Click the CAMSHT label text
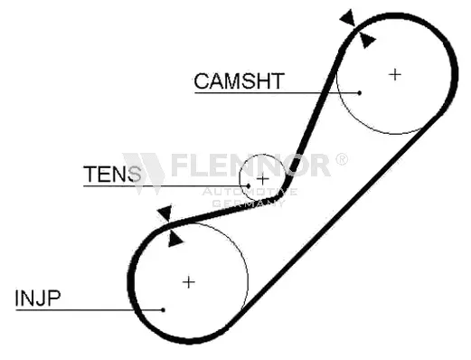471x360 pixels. [x=239, y=80]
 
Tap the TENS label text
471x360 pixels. [x=112, y=174]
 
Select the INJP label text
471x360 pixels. [x=38, y=297]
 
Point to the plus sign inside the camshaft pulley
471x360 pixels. [x=394, y=74]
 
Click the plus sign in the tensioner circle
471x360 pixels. [x=262, y=178]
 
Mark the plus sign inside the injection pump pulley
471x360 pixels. [x=188, y=281]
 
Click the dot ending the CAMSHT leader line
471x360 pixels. [x=359, y=92]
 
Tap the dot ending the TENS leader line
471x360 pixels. [x=245, y=186]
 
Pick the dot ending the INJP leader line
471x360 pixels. [x=163, y=310]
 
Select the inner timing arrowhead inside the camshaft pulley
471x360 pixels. [x=365, y=39]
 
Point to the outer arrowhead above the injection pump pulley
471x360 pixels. [x=164, y=213]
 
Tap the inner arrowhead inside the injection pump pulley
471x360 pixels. [x=175, y=237]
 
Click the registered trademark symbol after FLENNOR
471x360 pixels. [x=341, y=159]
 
